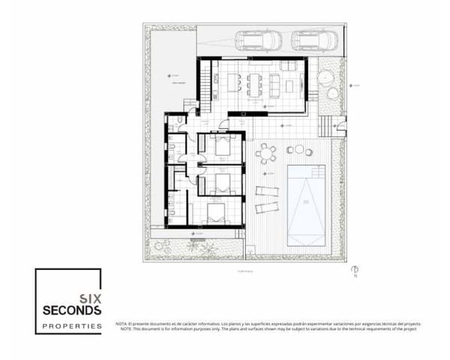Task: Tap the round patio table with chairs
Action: pos(266,154)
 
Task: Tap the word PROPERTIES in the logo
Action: pos(71,326)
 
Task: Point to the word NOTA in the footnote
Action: pos(122,324)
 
